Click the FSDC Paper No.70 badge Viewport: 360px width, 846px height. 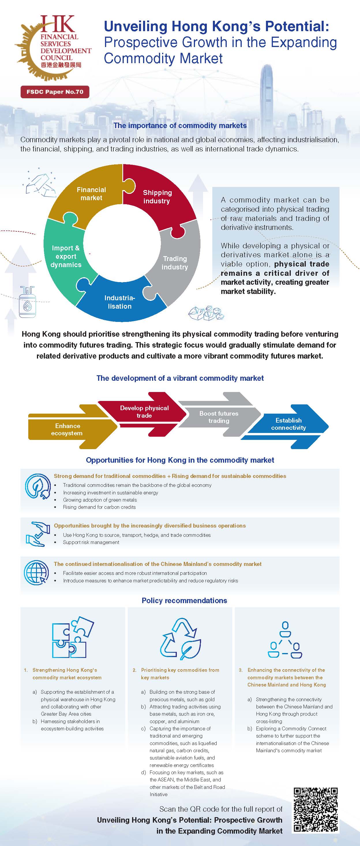pos(55,92)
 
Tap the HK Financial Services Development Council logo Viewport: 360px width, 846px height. pos(52,48)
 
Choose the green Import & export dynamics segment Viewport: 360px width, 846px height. pos(66,256)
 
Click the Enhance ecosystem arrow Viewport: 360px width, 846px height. pos(67,429)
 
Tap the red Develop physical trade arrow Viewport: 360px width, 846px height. pos(144,412)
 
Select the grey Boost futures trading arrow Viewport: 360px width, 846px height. pos(219,417)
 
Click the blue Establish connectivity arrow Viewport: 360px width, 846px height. pos(288,424)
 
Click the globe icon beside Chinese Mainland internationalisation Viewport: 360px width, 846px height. pos(36,572)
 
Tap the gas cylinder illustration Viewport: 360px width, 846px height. pos(27,303)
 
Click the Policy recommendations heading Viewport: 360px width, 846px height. pos(184,601)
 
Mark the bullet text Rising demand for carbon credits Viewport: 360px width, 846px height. pos(99,507)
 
